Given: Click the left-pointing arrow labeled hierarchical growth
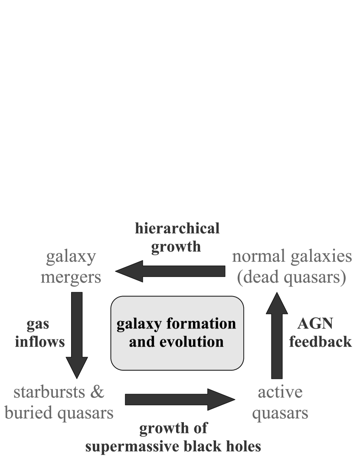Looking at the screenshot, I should tap(171, 272).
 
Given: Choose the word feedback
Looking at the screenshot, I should tap(320, 342).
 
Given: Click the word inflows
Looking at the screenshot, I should tap(39, 342).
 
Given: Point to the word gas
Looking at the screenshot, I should tap(38, 324).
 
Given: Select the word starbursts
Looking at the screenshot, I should tap(47, 392).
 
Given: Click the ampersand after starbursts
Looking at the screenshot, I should tap(98, 392).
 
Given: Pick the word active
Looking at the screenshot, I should tap(280, 392).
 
